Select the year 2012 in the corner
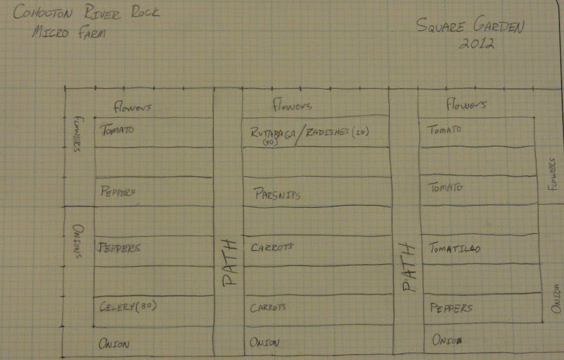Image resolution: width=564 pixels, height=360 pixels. click(478, 43)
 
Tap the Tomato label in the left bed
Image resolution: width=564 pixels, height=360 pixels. click(116, 130)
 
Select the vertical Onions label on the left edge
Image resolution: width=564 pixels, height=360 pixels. click(78, 240)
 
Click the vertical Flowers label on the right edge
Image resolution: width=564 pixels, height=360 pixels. click(553, 171)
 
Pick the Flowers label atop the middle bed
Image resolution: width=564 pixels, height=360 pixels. click(292, 106)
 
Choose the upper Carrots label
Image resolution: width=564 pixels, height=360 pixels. click(272, 247)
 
